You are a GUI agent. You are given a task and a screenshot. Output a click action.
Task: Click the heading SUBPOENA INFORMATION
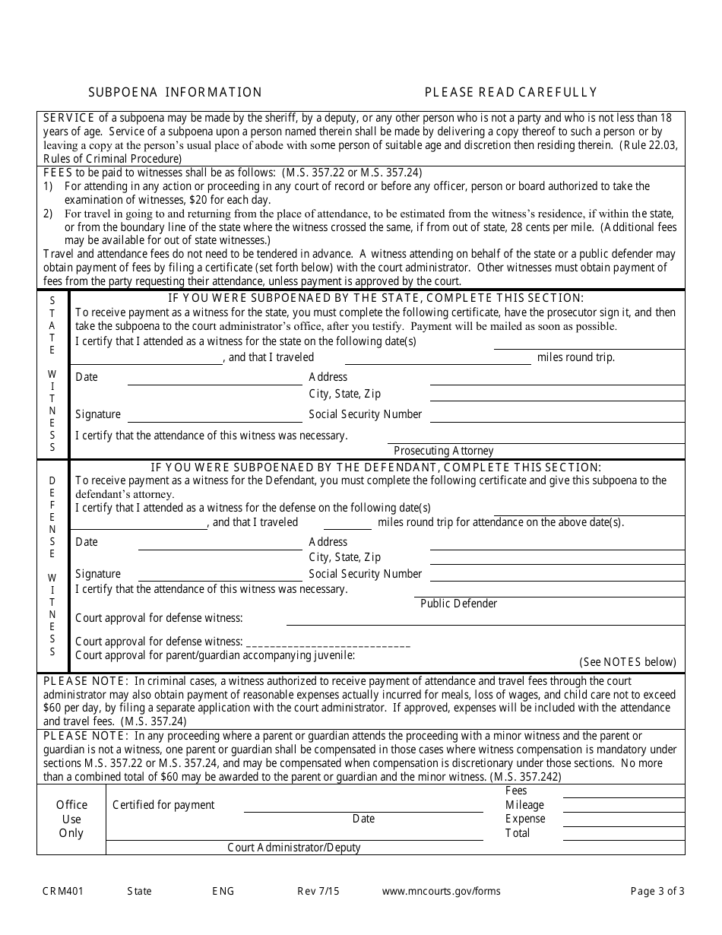[x=175, y=92]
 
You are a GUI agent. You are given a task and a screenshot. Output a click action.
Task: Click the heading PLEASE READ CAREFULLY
[x=511, y=92]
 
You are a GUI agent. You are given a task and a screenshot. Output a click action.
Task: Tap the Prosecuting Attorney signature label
[x=443, y=451]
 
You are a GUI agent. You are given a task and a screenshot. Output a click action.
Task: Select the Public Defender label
[x=458, y=604]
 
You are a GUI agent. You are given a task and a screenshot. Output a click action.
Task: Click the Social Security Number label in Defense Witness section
[x=365, y=574]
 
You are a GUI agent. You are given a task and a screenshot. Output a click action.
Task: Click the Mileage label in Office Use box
[x=524, y=805]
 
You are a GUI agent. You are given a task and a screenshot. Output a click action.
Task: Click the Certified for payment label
[x=163, y=805]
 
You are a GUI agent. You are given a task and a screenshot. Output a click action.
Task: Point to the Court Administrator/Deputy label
[x=294, y=848]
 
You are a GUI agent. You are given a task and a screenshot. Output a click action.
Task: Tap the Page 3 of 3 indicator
[x=657, y=891]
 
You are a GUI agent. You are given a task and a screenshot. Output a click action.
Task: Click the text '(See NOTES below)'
[x=627, y=662]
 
